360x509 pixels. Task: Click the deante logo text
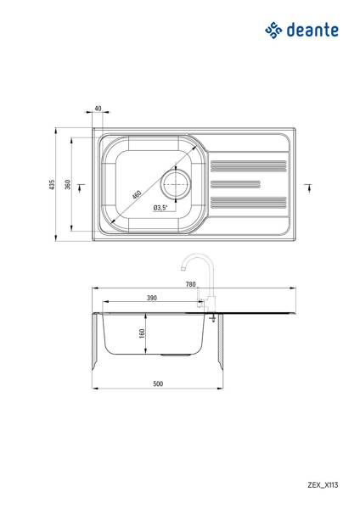point(312,30)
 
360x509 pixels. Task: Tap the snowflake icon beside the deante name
point(273,31)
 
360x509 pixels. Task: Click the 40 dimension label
point(98,109)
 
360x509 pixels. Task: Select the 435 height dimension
point(52,184)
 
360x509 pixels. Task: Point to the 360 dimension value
point(68,184)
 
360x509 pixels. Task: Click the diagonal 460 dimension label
point(137,195)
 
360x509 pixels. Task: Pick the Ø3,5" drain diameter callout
point(160,208)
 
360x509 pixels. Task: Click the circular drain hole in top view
point(176,184)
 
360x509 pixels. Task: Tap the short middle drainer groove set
point(235,184)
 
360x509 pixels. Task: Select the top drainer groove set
point(249,166)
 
